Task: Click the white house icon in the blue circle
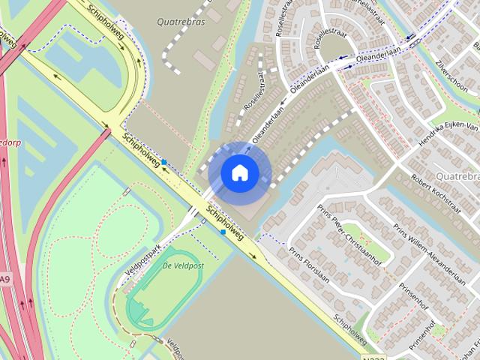(239, 172)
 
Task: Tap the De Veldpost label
(183, 266)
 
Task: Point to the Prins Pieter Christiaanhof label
(347, 229)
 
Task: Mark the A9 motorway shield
(5, 280)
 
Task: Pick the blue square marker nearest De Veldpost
(223, 232)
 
